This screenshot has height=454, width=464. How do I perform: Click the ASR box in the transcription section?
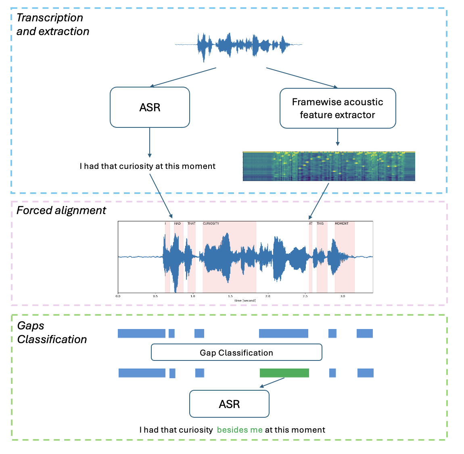(150, 107)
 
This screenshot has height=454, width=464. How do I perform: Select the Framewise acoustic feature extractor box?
(338, 108)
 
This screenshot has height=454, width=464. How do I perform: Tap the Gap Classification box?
(236, 352)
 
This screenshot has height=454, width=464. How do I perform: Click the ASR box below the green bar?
(229, 404)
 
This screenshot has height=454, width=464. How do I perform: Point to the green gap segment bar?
(284, 373)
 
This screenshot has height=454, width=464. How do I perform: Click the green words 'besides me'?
(240, 430)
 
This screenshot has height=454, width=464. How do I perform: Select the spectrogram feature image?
(329, 166)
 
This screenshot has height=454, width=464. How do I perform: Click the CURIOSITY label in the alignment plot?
(211, 223)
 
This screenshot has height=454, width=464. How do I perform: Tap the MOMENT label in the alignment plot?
(341, 223)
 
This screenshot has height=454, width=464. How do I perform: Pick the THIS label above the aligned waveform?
(320, 223)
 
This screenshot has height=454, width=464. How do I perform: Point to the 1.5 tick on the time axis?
(230, 296)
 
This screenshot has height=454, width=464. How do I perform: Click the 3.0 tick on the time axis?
(343, 296)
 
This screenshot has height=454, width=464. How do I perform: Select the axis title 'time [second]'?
(245, 300)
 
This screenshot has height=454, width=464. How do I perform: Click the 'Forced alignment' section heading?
(61, 210)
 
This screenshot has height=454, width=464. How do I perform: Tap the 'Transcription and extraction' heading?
(52, 25)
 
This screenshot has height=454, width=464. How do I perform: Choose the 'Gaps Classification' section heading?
(52, 333)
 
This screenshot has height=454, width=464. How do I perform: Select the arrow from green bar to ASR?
(273, 382)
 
